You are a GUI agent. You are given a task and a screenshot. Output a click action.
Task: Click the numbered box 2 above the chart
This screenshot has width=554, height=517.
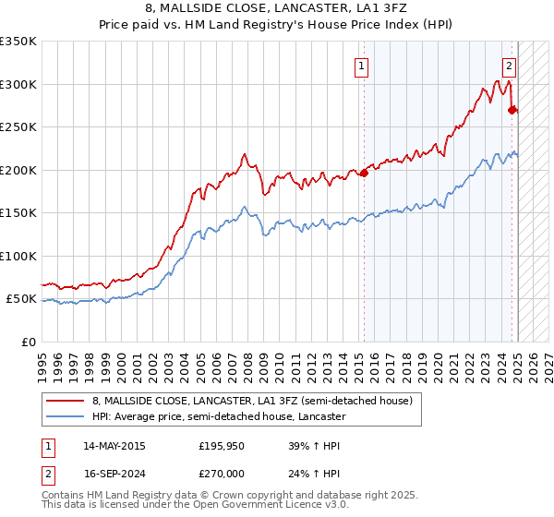tap(509, 66)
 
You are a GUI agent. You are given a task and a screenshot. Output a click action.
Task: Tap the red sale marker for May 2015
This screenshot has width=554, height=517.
tap(365, 173)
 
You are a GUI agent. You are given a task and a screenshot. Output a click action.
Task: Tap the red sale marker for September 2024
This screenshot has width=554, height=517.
tap(512, 109)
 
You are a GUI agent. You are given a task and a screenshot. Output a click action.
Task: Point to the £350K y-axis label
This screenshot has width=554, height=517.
tap(18, 42)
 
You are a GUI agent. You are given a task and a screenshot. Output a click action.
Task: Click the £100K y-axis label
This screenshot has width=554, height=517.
tap(18, 256)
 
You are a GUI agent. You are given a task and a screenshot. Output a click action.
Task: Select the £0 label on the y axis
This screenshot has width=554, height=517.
tap(27, 342)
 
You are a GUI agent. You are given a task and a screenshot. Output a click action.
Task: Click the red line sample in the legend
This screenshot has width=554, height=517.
tap(65, 400)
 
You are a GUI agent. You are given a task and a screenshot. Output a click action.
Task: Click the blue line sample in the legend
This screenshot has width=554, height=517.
tap(65, 416)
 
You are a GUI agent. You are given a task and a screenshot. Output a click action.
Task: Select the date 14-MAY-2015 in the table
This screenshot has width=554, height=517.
tap(114, 446)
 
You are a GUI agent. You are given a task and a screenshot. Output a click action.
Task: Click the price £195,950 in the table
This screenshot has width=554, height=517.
tap(222, 446)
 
